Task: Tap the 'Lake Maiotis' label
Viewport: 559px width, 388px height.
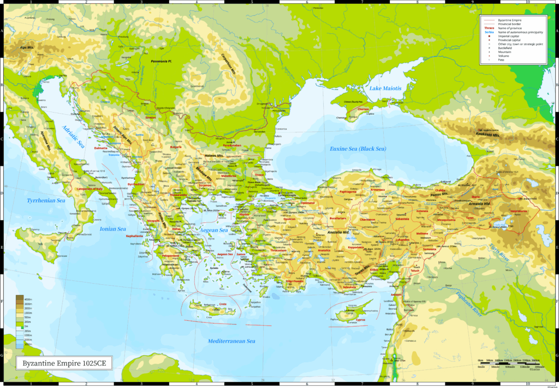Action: (x=385, y=88)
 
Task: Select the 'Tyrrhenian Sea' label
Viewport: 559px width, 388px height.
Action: (x=46, y=201)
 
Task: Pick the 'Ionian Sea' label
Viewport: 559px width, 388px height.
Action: (x=114, y=229)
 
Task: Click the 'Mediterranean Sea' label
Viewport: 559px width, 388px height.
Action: (x=231, y=342)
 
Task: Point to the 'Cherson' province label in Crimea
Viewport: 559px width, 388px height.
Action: (x=363, y=109)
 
